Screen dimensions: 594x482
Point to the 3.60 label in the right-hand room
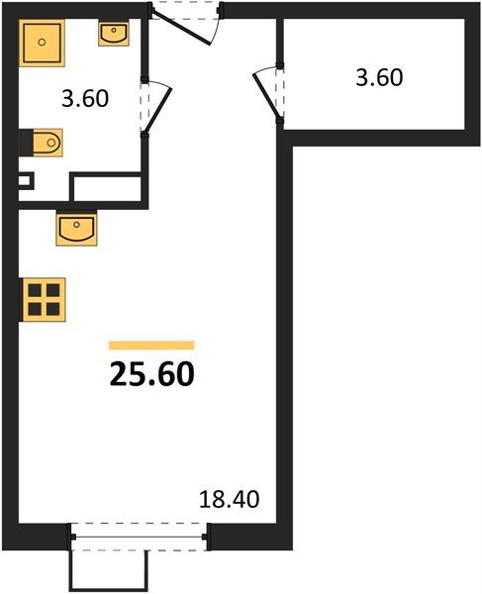[379, 77]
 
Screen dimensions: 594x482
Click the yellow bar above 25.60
[151, 345]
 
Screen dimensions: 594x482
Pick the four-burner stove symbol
[44, 296]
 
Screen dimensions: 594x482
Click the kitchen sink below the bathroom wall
[76, 230]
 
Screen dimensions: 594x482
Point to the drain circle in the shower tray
[43, 43]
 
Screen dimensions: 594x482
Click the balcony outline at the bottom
[110, 567]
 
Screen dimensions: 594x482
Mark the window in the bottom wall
[140, 538]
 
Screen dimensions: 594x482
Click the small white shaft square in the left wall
[27, 182]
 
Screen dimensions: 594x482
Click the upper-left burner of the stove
[35, 288]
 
